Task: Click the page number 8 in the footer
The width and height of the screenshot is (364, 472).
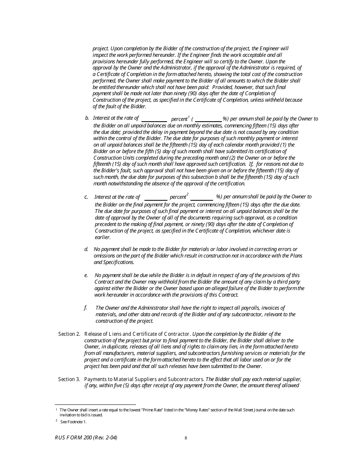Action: tap(186, 438)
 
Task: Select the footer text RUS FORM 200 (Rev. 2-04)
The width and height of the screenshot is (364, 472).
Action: tap(86, 437)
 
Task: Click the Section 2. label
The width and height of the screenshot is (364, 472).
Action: tap(69, 334)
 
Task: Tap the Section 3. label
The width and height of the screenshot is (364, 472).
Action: tap(69, 379)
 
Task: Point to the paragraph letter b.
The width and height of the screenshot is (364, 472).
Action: tap(87, 118)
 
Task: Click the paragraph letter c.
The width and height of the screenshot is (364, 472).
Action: tap(86, 197)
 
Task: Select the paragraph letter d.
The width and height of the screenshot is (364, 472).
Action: tap(86, 249)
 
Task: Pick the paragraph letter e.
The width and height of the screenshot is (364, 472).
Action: tap(86, 276)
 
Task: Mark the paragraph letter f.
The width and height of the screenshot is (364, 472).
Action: tap(85, 308)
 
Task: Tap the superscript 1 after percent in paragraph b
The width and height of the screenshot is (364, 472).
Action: tap(189, 117)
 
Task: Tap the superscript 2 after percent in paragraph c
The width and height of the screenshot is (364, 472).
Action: tap(187, 195)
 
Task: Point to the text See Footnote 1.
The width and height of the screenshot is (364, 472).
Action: tap(74, 422)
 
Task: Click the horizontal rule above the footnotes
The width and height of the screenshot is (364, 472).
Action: tap(95, 404)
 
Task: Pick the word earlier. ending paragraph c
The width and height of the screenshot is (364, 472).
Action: tap(103, 238)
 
